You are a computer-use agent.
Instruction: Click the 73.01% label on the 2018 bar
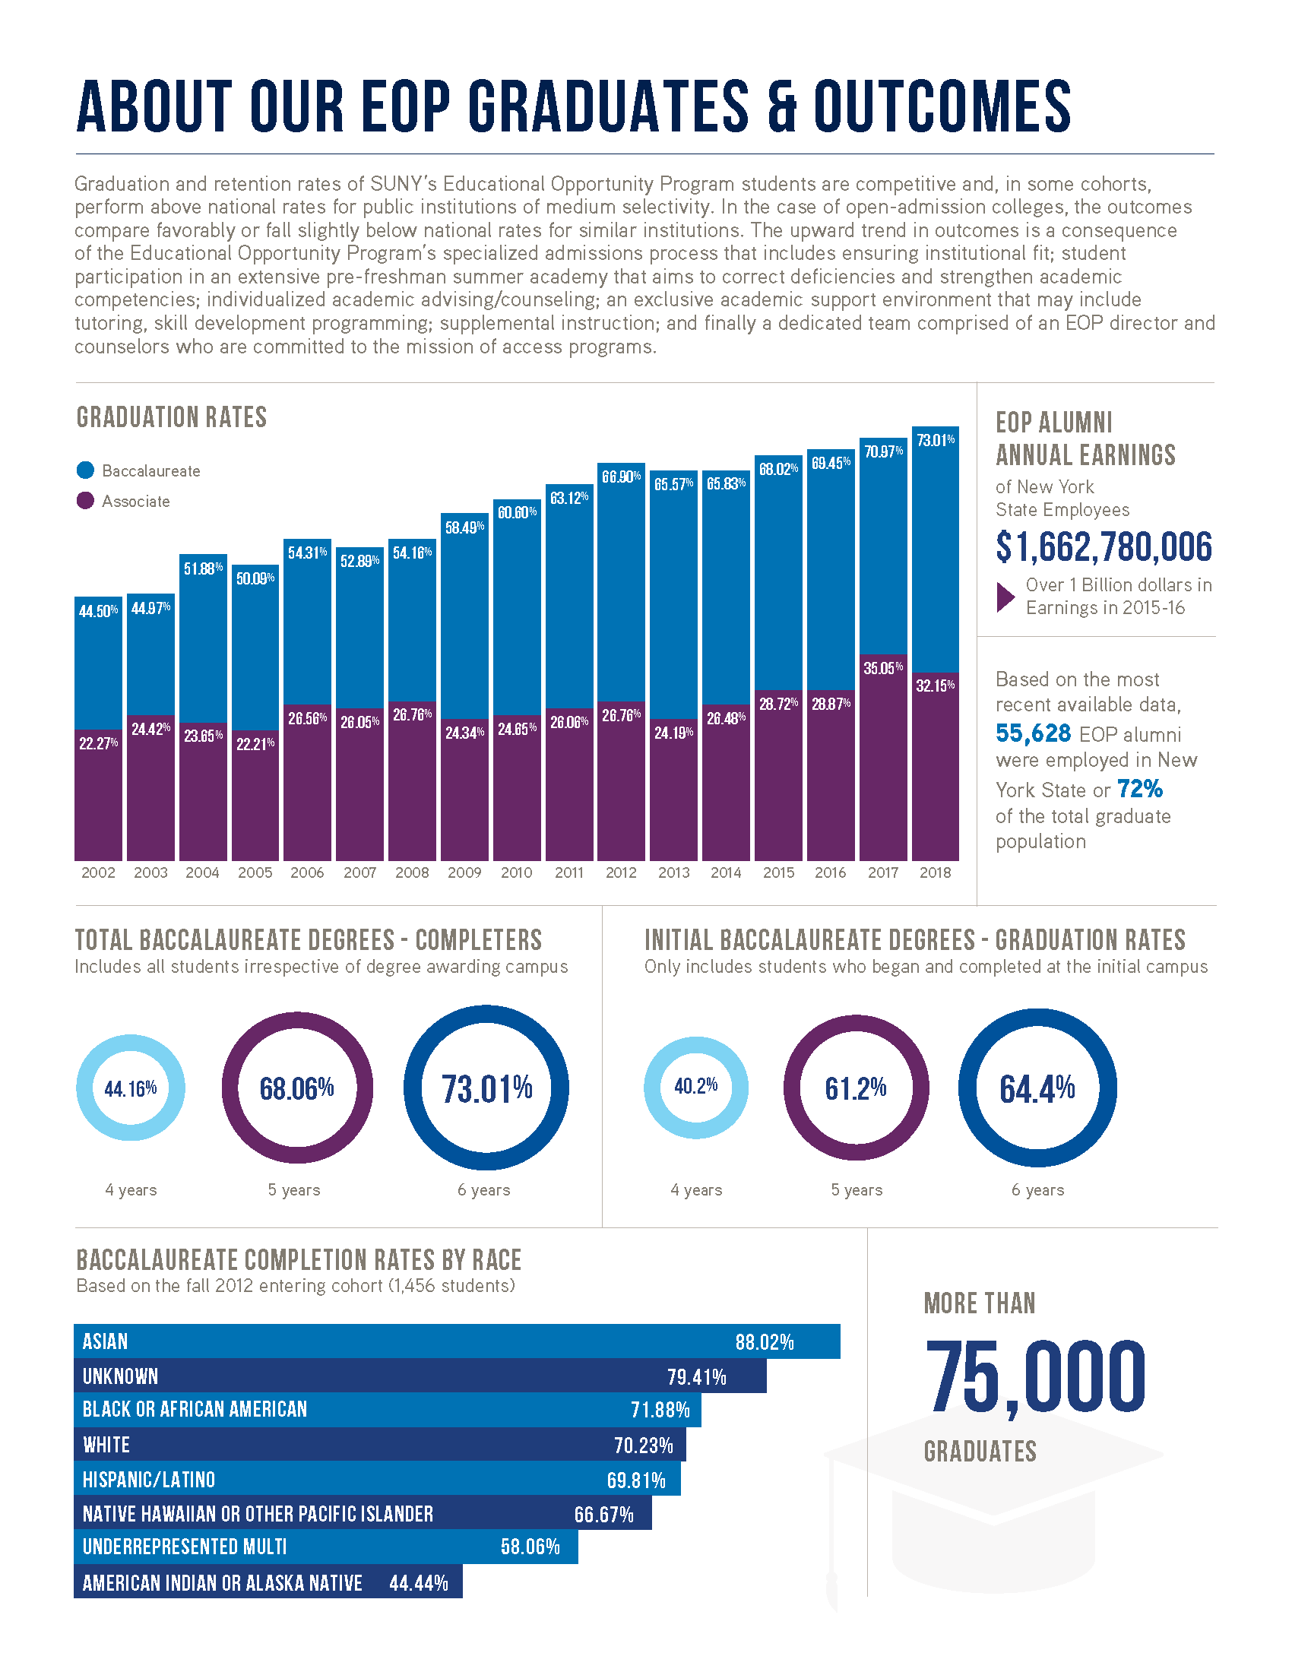pyautogui.click(x=936, y=440)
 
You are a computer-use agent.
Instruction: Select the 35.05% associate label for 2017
pyautogui.click(x=882, y=668)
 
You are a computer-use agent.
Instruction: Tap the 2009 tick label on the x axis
pyautogui.click(x=464, y=872)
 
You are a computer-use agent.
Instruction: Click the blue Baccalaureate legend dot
pyautogui.click(x=85, y=470)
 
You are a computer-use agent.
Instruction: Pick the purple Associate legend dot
pyautogui.click(x=85, y=501)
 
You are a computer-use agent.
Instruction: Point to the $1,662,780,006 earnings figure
pyautogui.click(x=1104, y=546)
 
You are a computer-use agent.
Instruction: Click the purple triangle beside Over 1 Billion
pyautogui.click(x=1005, y=597)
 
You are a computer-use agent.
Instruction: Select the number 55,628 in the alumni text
pyautogui.click(x=1033, y=733)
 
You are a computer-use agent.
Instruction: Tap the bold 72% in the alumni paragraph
pyautogui.click(x=1139, y=789)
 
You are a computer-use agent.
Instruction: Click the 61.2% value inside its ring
pyautogui.click(x=855, y=1088)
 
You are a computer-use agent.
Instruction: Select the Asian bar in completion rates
pyautogui.click(x=456, y=1341)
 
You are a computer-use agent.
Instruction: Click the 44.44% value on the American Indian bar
pyautogui.click(x=418, y=1582)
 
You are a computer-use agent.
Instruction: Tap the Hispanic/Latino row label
pyautogui.click(x=148, y=1479)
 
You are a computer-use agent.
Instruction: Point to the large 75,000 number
pyautogui.click(x=1035, y=1378)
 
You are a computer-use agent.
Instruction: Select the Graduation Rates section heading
pyautogui.click(x=172, y=417)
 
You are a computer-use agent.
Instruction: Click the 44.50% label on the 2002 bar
pyautogui.click(x=98, y=611)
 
